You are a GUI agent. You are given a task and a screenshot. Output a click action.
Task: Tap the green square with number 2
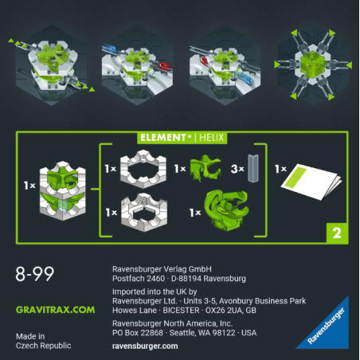point(335,233)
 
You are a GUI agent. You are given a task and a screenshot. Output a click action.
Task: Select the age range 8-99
point(35,275)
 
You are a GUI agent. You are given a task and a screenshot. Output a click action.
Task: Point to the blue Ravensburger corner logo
point(329,327)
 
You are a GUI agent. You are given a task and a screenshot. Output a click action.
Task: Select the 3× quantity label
point(235,170)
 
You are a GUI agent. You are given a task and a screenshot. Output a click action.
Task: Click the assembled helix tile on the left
point(64,186)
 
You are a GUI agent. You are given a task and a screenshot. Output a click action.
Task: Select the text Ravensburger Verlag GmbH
point(163,269)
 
